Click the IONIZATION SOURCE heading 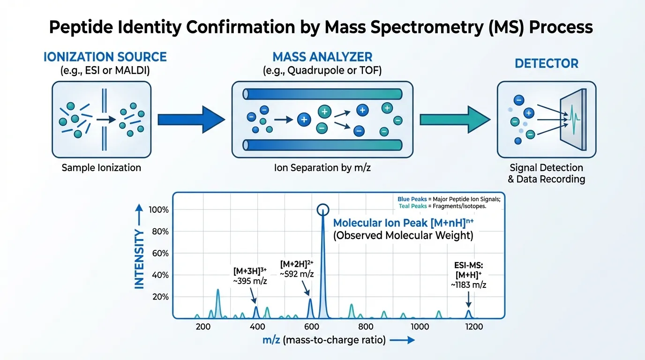[105, 57]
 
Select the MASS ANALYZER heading [322, 57]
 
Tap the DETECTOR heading [547, 63]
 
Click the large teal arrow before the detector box [453, 120]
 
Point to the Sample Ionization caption [101, 167]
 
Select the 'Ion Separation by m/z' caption [322, 167]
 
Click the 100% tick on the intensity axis [159, 210]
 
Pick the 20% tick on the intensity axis [159, 297]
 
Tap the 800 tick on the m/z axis [366, 327]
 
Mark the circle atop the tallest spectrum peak [323, 210]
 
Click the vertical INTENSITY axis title [139, 259]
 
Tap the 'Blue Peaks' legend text [410, 199]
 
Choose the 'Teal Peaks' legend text [411, 206]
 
